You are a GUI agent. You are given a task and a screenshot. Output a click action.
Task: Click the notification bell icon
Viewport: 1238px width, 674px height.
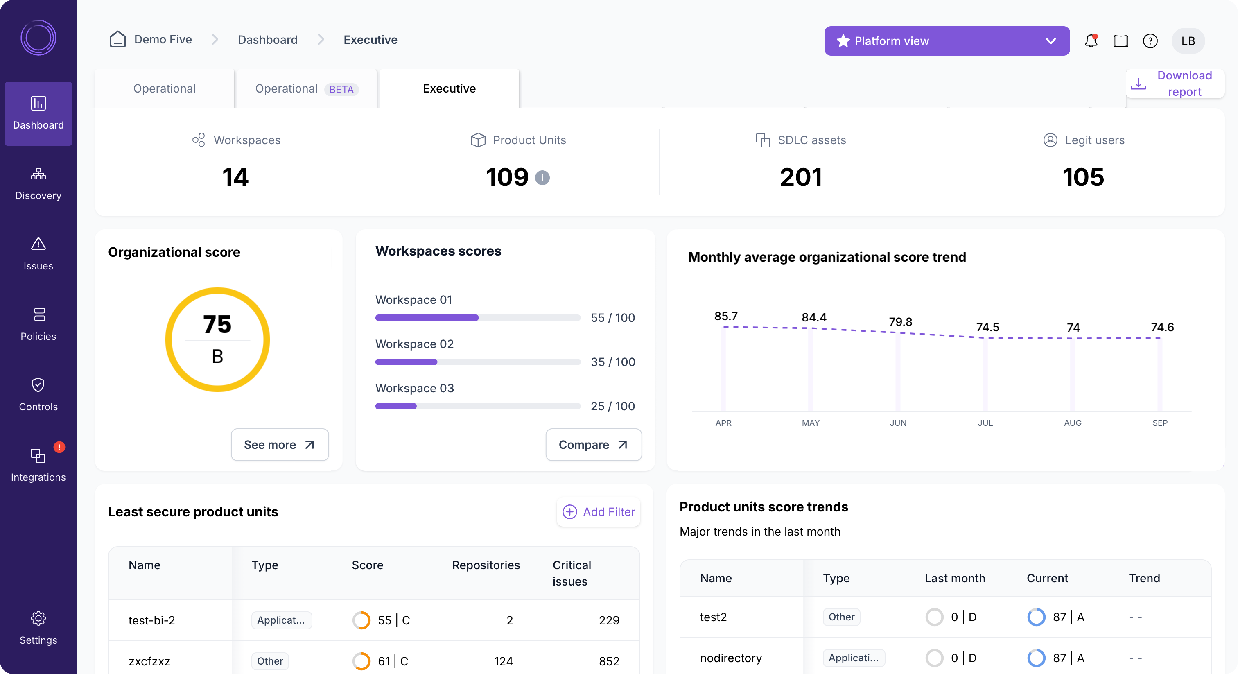(x=1091, y=41)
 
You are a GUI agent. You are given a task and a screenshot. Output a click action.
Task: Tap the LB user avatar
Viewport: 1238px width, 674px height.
(x=1188, y=41)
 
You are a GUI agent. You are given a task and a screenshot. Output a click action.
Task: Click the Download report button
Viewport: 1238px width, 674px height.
(x=1175, y=84)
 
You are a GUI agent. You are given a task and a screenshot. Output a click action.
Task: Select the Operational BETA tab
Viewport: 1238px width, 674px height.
(x=307, y=89)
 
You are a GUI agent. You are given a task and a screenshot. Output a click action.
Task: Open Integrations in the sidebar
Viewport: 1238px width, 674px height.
(x=38, y=464)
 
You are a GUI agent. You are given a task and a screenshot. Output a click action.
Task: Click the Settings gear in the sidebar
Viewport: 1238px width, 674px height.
(x=38, y=627)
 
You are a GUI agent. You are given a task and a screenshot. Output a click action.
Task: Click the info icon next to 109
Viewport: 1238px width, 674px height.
(x=542, y=178)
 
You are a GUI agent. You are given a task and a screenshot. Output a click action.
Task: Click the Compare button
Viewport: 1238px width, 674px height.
(x=593, y=445)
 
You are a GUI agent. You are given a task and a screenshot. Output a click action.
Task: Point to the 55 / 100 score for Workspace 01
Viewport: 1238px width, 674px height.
(x=612, y=318)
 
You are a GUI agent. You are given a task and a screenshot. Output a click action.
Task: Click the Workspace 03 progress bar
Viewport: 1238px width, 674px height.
(x=477, y=406)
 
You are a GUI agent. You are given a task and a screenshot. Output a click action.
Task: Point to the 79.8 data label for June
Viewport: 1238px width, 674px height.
(x=900, y=321)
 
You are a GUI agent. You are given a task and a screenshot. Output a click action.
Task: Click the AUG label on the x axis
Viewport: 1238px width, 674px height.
(x=1072, y=423)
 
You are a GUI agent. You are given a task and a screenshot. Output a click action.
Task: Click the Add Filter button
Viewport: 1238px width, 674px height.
(x=599, y=512)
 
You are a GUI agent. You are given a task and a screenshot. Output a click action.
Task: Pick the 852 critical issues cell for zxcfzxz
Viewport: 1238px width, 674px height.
(x=608, y=661)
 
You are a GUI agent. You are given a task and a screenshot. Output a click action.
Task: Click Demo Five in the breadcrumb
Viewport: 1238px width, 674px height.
(x=163, y=39)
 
